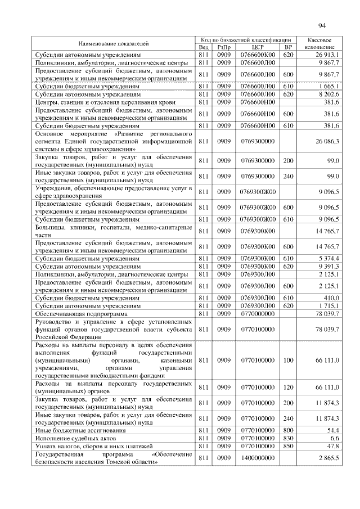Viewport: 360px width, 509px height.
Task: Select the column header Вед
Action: pos(204,48)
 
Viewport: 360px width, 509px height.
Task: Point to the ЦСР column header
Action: pos(257,48)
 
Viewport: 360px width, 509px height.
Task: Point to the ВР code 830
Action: pos(288,436)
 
